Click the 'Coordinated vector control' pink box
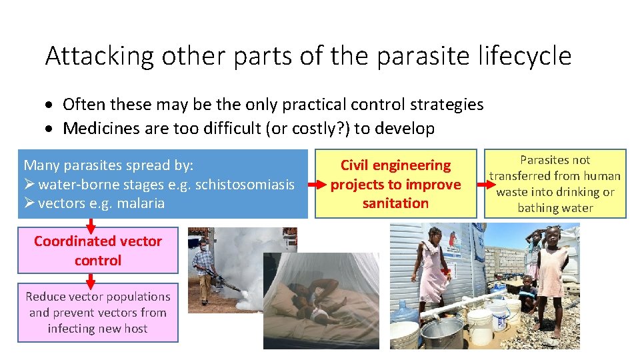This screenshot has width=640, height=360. (x=98, y=251)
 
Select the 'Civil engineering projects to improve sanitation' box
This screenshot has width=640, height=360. (x=395, y=184)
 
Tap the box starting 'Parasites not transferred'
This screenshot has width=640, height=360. (x=555, y=184)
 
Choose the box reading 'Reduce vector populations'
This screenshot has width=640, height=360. (x=98, y=313)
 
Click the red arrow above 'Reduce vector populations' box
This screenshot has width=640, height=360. (x=94, y=279)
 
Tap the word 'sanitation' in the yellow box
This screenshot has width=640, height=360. (x=395, y=203)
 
